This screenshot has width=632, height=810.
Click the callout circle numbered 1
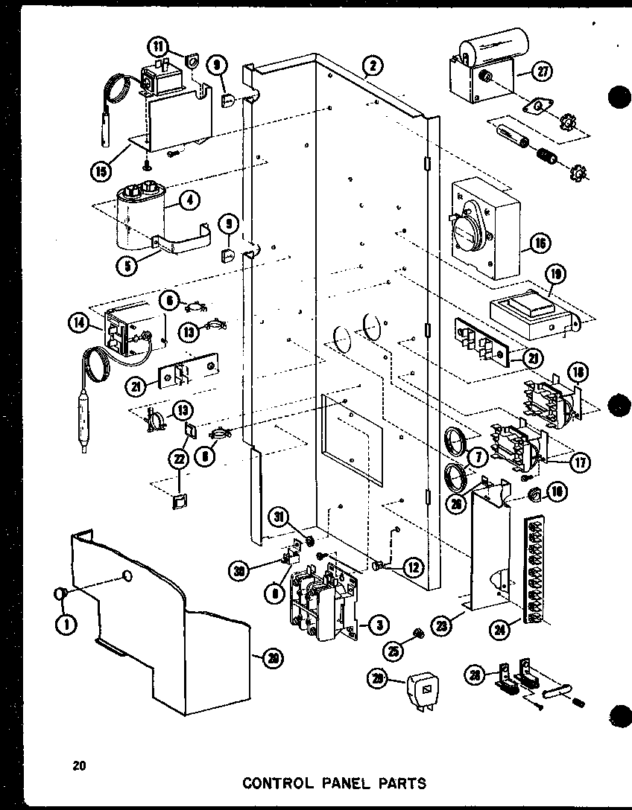[67, 624]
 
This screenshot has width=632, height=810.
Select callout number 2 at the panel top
[373, 68]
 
